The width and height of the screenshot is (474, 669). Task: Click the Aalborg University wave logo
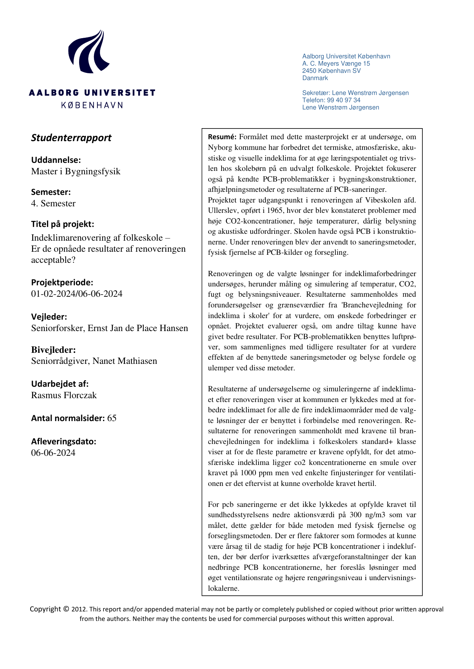[x=89, y=52]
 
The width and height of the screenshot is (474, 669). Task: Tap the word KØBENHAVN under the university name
[x=92, y=105]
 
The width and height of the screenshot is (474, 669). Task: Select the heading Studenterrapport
[x=71, y=138]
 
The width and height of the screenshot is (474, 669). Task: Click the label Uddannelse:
[x=56, y=160]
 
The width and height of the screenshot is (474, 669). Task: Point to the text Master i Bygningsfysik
[x=76, y=171]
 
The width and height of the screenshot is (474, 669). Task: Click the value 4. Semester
[x=53, y=203]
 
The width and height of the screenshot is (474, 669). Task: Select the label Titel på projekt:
[x=62, y=224]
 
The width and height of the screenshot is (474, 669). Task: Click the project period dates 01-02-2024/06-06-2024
[x=77, y=294]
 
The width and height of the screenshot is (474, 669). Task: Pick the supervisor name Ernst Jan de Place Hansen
[x=138, y=328]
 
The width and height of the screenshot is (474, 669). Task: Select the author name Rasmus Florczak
[x=64, y=395]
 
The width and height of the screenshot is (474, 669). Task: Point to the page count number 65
[x=112, y=418]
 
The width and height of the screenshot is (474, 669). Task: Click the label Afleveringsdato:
[x=63, y=441]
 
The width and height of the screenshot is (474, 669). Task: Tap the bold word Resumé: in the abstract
[x=222, y=137]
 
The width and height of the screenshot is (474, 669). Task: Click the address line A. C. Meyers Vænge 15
[x=336, y=64]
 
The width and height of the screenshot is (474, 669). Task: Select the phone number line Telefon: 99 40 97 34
[x=331, y=100]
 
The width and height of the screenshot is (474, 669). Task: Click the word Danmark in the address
[x=315, y=78]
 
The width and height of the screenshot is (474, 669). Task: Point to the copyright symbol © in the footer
[x=66, y=609]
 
